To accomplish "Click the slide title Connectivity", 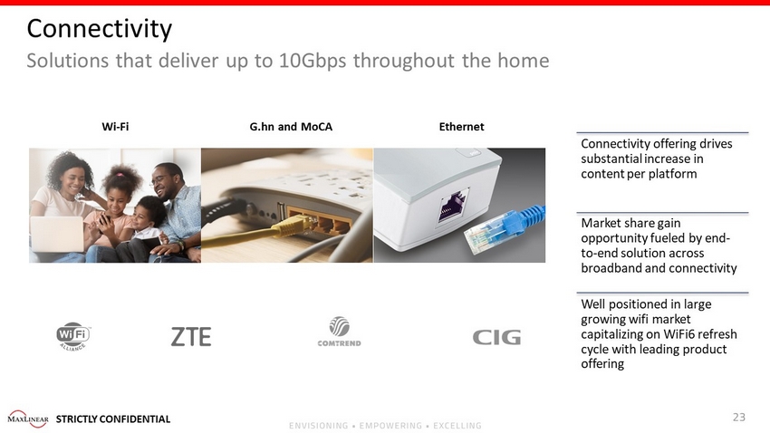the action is click(x=100, y=28).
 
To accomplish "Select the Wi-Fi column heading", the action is click(x=115, y=127).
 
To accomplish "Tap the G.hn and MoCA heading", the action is click(x=291, y=127).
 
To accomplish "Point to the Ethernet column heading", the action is click(x=462, y=127).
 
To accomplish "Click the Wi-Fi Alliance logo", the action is click(x=73, y=336).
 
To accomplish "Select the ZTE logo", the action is click(x=191, y=337).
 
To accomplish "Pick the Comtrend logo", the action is click(x=340, y=332).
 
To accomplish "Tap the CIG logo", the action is click(x=496, y=337).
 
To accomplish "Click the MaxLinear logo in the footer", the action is click(x=28, y=419).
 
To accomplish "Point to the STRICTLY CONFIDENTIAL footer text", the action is click(x=113, y=419).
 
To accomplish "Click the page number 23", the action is click(x=739, y=417).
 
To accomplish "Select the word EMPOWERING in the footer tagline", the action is click(x=390, y=426).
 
